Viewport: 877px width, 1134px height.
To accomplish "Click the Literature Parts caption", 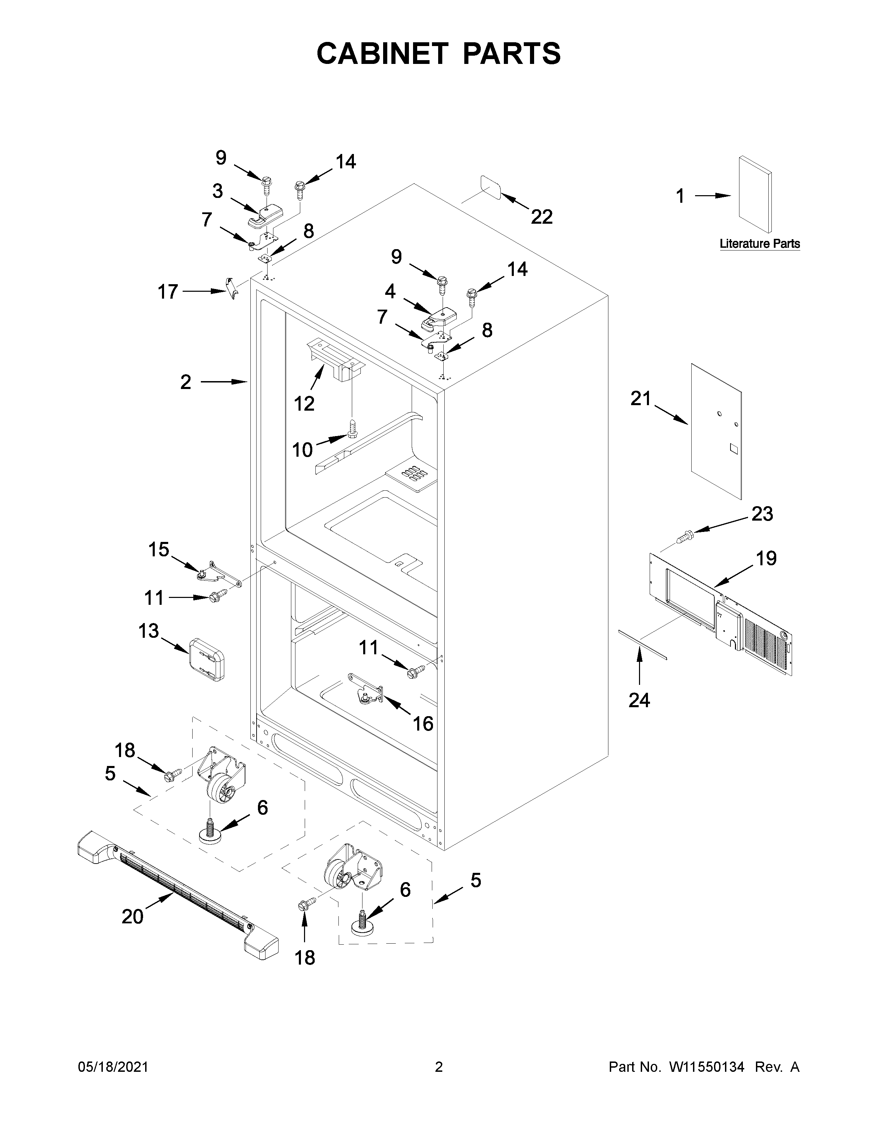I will pos(760,244).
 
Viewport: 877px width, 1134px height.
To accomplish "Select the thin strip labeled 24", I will pos(642,644).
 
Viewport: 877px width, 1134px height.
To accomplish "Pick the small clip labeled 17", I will pos(232,287).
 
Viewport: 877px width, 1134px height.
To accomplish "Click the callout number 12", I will pos(304,403).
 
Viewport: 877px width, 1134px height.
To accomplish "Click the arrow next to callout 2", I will pos(224,382).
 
